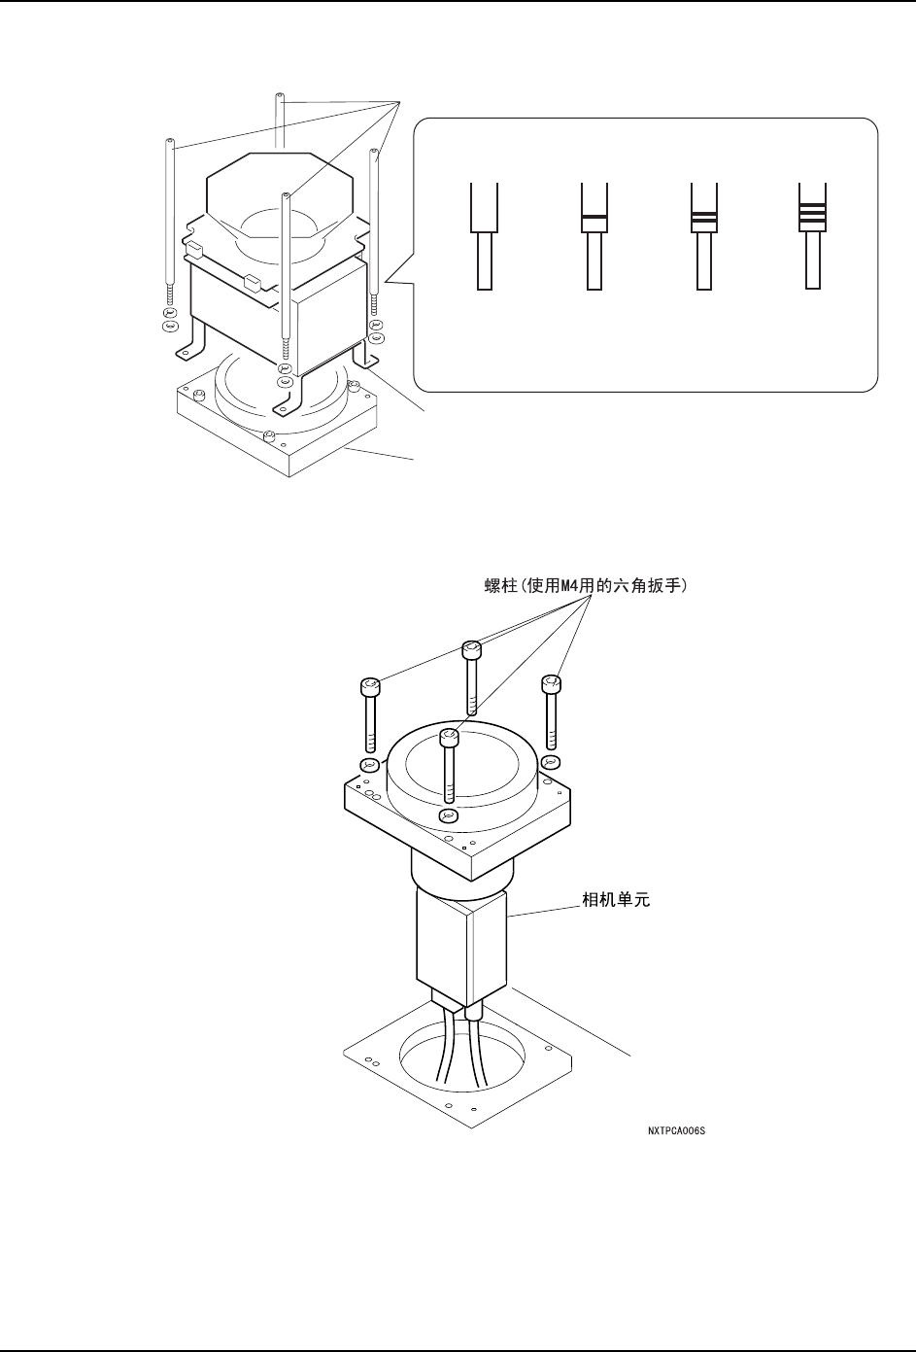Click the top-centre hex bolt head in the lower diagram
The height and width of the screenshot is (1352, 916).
470,648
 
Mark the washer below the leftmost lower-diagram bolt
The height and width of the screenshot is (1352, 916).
368,765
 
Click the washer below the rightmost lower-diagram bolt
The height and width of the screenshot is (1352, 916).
550,760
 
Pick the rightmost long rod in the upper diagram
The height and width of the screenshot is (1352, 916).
375,224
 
